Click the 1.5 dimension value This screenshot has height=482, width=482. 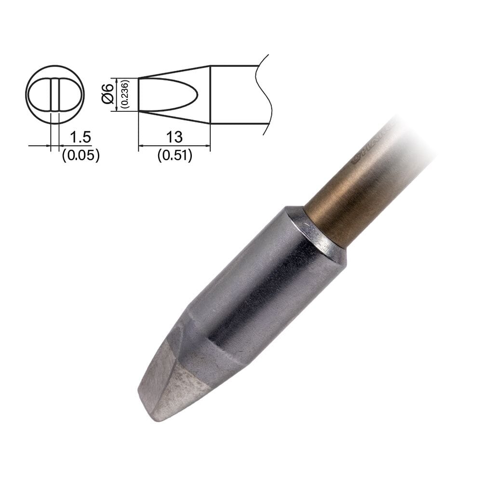80,137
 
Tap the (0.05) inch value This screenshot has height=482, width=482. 80,155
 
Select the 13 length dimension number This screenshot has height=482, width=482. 174,137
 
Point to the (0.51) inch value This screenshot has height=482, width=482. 174,155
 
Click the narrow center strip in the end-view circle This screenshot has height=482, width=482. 54,94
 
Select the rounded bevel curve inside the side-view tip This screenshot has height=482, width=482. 195,94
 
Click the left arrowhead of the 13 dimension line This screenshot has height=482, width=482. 141,145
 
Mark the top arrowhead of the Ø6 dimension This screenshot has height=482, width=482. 117,80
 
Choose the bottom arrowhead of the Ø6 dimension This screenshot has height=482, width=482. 117,109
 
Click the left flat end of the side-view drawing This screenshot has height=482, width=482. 139,94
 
